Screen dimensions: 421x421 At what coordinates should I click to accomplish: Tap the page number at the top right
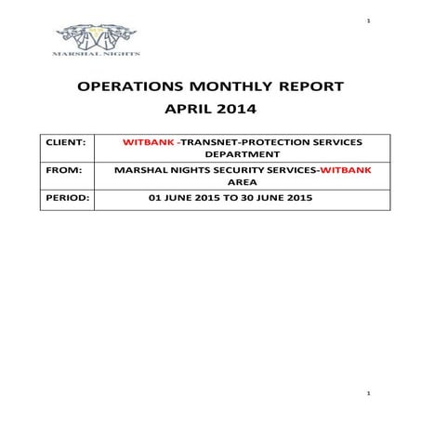tap(368, 20)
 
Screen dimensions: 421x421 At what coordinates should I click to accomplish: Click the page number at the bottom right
tap(368, 395)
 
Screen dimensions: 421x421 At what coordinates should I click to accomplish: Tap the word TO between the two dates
tap(233, 199)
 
